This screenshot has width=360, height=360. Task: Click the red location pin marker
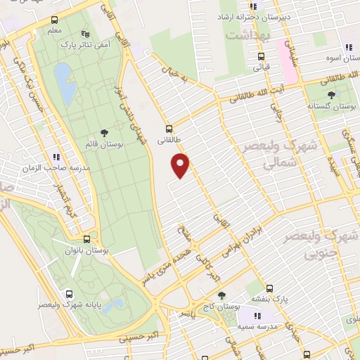click(x=181, y=165)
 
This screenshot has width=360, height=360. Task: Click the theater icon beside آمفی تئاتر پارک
click(x=86, y=33)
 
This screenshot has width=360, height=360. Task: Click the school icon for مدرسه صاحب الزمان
click(x=56, y=157)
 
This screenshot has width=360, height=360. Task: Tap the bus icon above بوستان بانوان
click(x=86, y=239)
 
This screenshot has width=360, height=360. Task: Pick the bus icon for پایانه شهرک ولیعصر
click(x=69, y=294)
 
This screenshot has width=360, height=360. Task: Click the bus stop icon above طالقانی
click(x=167, y=129)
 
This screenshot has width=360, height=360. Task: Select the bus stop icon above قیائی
click(x=261, y=57)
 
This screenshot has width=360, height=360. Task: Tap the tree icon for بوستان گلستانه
click(x=331, y=94)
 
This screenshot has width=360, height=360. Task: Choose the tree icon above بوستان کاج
click(x=221, y=296)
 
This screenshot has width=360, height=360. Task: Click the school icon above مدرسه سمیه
click(x=257, y=316)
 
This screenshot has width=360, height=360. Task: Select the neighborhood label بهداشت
click(x=244, y=33)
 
